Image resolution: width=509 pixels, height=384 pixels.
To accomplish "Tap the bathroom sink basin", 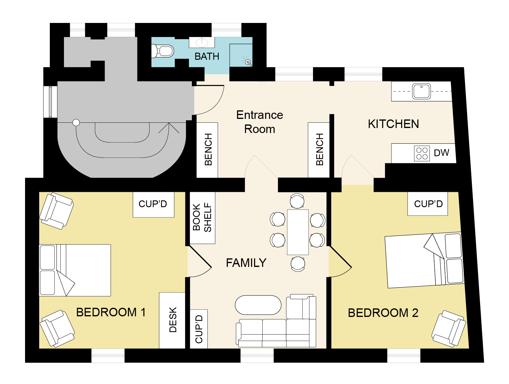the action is point(202,42).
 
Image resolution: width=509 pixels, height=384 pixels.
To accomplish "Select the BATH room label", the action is point(207,56).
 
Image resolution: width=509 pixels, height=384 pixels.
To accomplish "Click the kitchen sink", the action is point(421,91).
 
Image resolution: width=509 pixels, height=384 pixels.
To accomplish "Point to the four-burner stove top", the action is point(422,153).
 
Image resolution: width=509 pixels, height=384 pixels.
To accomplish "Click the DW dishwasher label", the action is point(442,153).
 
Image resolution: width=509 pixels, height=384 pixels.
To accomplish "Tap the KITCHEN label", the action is point(393,124).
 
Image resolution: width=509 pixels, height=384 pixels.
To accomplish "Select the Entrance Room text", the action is point(260,122).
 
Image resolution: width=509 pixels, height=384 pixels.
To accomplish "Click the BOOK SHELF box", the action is point(202,218).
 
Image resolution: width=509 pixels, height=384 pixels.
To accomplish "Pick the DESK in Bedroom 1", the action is point(172,320).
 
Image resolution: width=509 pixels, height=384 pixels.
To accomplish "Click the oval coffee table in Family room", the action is point(258,305).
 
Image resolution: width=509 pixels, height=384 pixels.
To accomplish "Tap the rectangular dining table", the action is point(298,232).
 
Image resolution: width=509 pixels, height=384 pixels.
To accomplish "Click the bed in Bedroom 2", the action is point(424,260).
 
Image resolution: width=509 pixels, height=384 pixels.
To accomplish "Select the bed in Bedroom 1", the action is point(75,270).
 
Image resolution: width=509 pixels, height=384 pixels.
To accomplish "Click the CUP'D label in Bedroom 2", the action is point(428,204).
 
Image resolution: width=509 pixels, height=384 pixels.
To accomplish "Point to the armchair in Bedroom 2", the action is point(449,329).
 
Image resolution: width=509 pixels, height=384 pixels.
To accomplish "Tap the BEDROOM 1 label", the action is point(111,312).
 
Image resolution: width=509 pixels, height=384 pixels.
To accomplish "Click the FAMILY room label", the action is point(246,263).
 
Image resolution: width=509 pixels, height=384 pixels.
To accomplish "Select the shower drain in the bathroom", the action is point(248,62).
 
